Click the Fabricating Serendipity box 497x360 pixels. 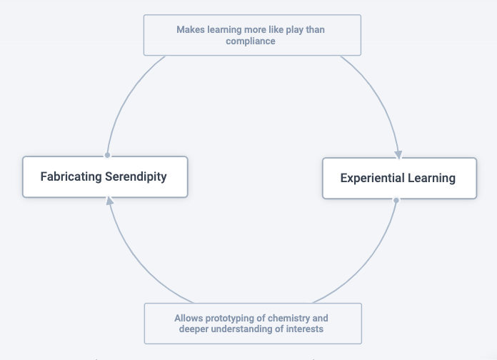coord(105,176)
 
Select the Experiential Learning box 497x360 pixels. coord(398,178)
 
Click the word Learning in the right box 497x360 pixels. coord(432,178)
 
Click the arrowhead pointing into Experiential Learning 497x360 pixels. coord(398,154)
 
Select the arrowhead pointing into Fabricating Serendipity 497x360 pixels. coord(109,201)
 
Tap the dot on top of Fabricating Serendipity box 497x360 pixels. coord(107,154)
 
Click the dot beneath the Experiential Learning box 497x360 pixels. coord(396,200)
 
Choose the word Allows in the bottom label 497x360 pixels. coord(189,317)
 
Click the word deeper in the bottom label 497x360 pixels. coord(195,329)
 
